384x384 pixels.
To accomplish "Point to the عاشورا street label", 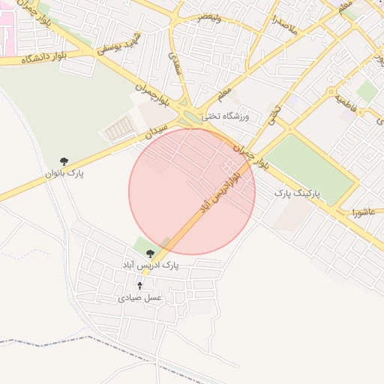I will [362, 213].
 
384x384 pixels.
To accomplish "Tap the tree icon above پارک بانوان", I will [64, 161].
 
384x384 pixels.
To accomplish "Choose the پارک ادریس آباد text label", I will [151, 265].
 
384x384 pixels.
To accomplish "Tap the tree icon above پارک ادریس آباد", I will [151, 253].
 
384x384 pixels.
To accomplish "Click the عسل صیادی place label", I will [139, 298].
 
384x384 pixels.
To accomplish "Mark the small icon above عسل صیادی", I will [139, 286].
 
